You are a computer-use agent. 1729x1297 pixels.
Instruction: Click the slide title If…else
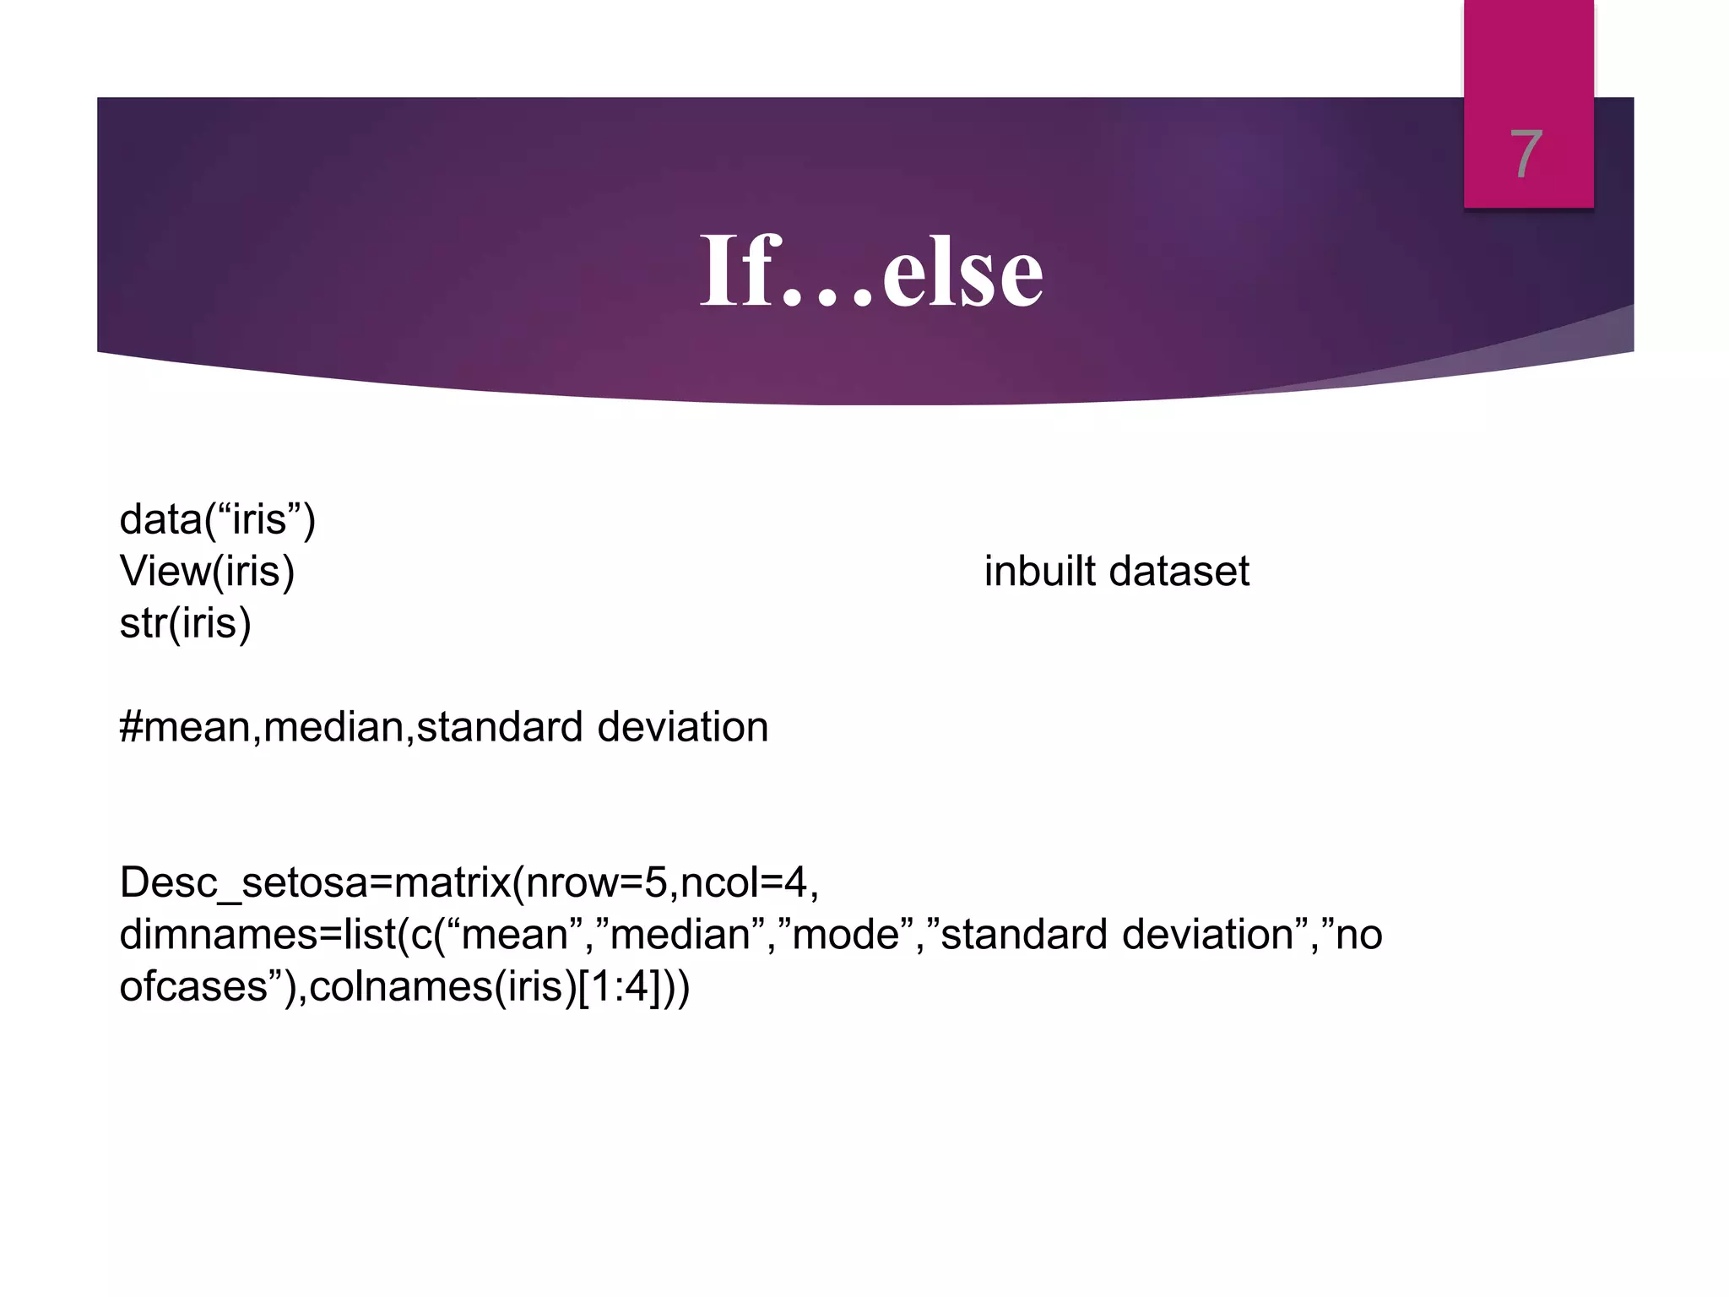click(871, 272)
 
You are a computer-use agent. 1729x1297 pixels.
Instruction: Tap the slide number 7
click(1526, 155)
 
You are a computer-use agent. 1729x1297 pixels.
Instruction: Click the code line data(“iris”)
click(218, 519)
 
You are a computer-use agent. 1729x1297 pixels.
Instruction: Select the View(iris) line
click(208, 572)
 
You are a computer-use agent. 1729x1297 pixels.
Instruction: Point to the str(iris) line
click(186, 624)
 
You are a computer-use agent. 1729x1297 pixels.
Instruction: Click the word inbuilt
click(1040, 572)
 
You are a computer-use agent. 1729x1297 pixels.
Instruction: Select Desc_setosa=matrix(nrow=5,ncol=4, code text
click(469, 883)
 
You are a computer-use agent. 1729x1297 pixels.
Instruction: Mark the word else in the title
click(962, 272)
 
